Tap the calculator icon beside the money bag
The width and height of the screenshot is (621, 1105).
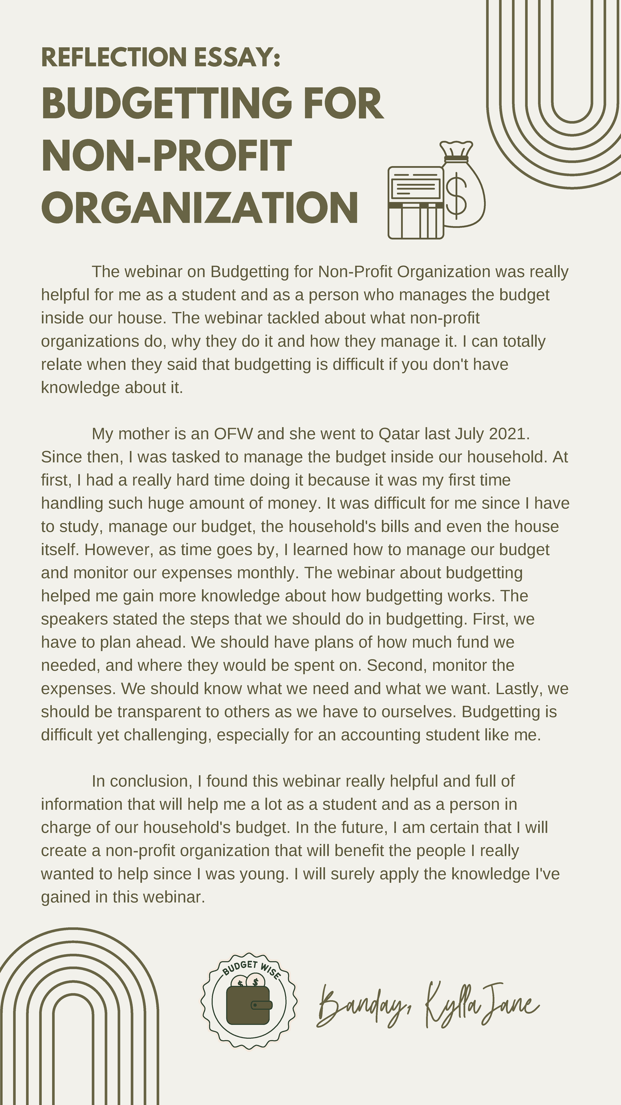pos(416,203)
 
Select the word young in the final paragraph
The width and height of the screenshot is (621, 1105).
pos(262,874)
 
